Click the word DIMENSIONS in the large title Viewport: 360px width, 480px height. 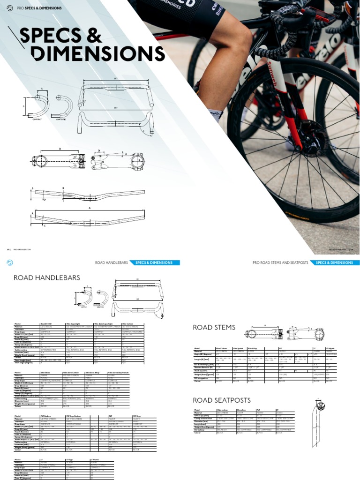pyautogui.click(x=92, y=55)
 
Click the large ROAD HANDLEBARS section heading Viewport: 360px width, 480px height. pyautogui.click(x=47, y=278)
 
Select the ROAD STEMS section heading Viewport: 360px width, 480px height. pyautogui.click(x=214, y=327)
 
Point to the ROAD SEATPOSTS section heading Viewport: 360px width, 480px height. pyautogui.click(x=222, y=400)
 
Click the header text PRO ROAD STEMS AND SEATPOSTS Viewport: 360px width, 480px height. pyautogui.click(x=280, y=263)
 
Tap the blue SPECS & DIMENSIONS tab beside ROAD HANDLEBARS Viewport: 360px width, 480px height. pyautogui.click(x=154, y=263)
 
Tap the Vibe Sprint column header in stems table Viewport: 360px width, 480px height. pyautogui.click(x=238, y=349)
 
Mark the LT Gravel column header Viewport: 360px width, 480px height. pyautogui.click(x=96, y=460)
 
